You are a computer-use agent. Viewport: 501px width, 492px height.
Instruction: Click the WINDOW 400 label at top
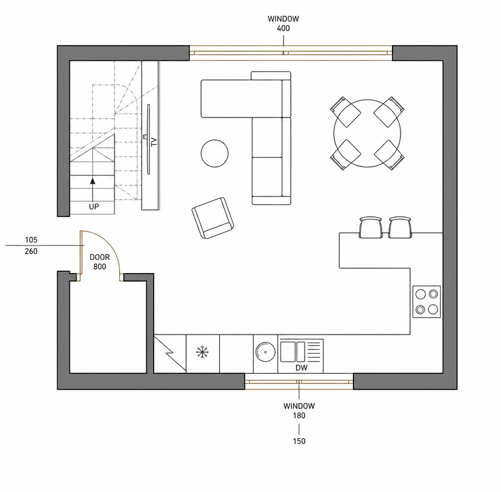pos(283,24)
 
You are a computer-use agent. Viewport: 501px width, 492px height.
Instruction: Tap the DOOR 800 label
pos(100,262)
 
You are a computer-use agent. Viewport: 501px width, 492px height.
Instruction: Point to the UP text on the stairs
pos(94,207)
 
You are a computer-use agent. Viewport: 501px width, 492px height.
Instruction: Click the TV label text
pos(154,142)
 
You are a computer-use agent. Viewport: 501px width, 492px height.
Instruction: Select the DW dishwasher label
pos(301,368)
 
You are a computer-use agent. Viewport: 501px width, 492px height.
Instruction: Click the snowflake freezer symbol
pos(202,352)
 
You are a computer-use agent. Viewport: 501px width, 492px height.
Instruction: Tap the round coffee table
pos(215,153)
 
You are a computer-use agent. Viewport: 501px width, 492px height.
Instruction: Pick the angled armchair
pos(213,218)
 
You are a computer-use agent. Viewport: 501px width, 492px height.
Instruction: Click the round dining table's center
pos(367,133)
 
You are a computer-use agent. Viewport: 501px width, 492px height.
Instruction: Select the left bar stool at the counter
pos(371,227)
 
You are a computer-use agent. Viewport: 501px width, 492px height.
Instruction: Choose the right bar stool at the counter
pos(400,227)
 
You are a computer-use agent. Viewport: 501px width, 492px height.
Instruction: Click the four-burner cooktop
pos(427,301)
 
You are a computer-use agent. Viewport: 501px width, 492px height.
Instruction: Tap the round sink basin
pos(266,352)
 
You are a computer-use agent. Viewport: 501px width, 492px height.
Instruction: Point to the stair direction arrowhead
pos(93,181)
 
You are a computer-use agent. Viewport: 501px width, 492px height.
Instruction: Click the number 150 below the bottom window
pos(299,441)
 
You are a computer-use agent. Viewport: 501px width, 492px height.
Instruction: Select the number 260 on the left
pos(31,251)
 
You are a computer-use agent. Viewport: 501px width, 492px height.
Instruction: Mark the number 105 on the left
pos(31,239)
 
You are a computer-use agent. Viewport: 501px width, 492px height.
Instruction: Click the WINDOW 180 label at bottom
pos(299,411)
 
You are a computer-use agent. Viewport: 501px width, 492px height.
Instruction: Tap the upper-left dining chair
pos(346,112)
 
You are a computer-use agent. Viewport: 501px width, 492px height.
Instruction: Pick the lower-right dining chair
pos(389,155)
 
